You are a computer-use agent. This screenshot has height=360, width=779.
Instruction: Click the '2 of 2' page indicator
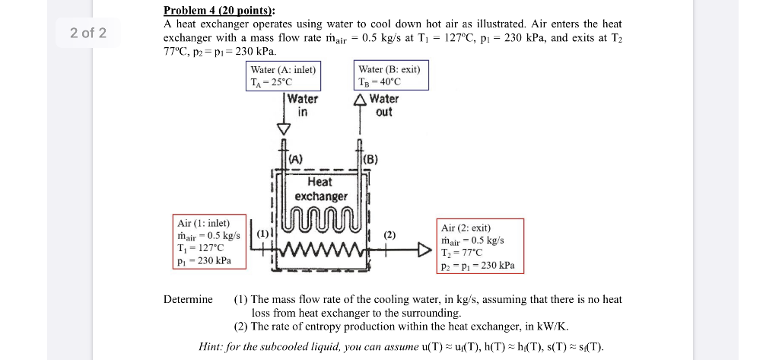click(88, 33)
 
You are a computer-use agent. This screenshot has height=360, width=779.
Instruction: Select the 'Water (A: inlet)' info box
click(283, 76)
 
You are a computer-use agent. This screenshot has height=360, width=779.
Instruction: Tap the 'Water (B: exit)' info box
click(389, 76)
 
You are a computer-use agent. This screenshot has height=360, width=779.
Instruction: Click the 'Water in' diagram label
click(303, 105)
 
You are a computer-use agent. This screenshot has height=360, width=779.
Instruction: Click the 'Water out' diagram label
click(385, 105)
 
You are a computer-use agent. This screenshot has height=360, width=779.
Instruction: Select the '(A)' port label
click(295, 159)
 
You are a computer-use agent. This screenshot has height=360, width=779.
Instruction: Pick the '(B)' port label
click(370, 159)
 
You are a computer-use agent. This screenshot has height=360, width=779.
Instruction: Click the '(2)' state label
click(389, 235)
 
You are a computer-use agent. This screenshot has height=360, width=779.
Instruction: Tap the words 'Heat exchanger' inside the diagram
click(320, 189)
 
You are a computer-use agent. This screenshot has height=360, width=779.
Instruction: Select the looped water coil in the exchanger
click(321, 218)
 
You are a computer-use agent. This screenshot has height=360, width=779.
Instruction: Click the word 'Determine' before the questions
click(188, 299)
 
